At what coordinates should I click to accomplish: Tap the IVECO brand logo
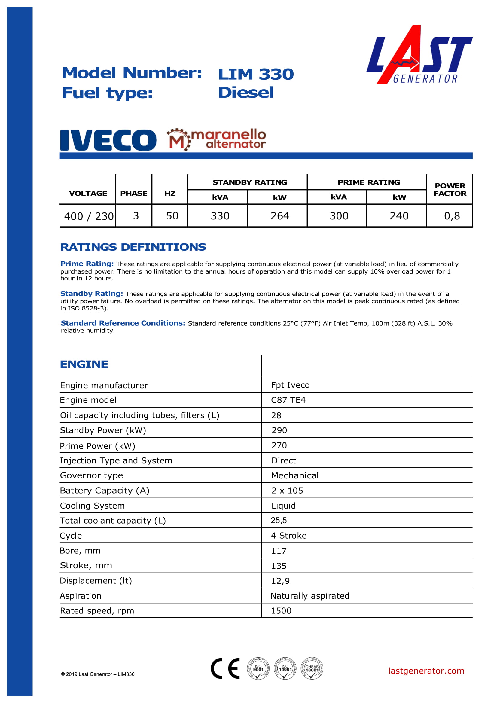pyautogui.click(x=108, y=140)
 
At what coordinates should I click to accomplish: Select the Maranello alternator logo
pyautogui.click(x=216, y=139)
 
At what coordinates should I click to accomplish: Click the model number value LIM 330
pyautogui.click(x=255, y=74)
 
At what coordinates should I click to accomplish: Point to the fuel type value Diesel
pyautogui.click(x=245, y=93)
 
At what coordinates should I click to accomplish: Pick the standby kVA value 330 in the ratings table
pyautogui.click(x=220, y=216)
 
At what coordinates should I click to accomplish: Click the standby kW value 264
pyautogui.click(x=279, y=216)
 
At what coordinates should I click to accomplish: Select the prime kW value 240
pyautogui.click(x=399, y=216)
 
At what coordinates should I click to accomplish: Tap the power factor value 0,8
pyautogui.click(x=452, y=216)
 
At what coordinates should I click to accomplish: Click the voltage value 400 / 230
pyautogui.click(x=89, y=216)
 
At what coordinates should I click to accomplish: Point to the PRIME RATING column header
pyautogui.click(x=368, y=182)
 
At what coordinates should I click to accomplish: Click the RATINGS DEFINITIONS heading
pyautogui.click(x=133, y=247)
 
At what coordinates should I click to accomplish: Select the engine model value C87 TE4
pyautogui.click(x=288, y=400)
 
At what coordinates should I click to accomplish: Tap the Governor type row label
pyautogui.click(x=92, y=475)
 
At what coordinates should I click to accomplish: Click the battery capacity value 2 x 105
pyautogui.click(x=287, y=490)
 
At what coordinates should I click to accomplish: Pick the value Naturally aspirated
pyautogui.click(x=310, y=595)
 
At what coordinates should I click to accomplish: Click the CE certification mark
pyautogui.click(x=225, y=668)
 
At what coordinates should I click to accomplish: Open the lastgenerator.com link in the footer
pyautogui.click(x=426, y=671)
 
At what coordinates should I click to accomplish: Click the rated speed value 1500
pyautogui.click(x=281, y=610)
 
